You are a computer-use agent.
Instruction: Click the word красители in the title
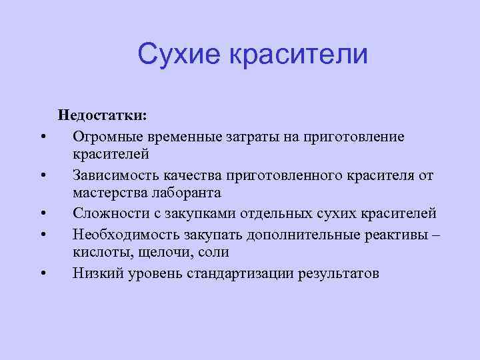298,54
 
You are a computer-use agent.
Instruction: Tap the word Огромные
105,136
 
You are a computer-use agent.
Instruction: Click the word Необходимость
122,234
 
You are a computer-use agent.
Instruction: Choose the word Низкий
96,273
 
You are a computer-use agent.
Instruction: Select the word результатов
340,273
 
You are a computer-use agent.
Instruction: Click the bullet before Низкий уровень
42,273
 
